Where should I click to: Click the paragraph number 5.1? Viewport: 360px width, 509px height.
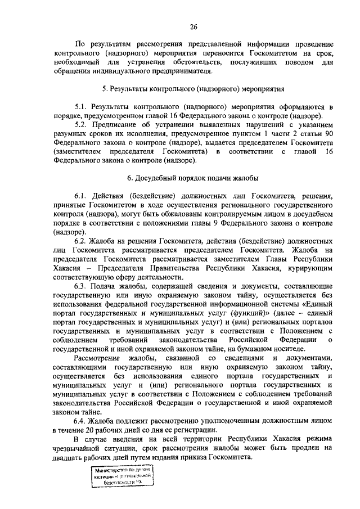[82, 106]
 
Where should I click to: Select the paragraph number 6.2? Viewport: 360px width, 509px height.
[82, 241]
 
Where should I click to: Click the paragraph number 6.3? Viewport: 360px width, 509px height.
[82, 286]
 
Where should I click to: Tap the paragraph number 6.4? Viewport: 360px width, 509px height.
[82, 421]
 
